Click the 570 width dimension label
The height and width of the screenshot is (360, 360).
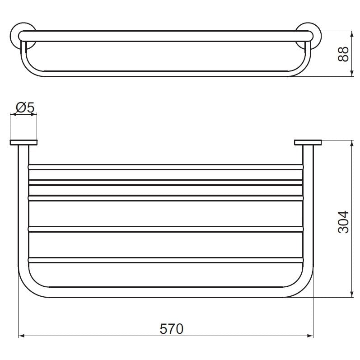(x=172, y=329)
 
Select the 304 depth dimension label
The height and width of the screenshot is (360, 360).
(x=343, y=222)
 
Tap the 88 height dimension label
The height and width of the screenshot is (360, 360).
(x=343, y=54)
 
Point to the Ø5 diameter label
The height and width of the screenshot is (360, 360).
(x=25, y=107)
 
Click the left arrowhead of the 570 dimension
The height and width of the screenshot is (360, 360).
(x=21, y=336)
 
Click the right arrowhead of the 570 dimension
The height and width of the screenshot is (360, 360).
(x=310, y=336)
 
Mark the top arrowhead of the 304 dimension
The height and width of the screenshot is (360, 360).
(x=351, y=143)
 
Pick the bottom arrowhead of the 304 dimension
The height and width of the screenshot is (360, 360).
(x=351, y=295)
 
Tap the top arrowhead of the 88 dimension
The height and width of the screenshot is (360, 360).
(x=351, y=34)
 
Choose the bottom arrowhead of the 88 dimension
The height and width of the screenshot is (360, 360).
(x=351, y=73)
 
